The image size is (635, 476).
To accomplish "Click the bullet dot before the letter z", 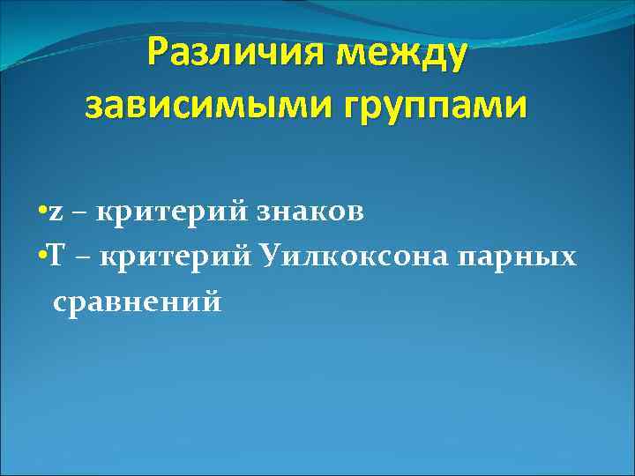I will click(x=43, y=213).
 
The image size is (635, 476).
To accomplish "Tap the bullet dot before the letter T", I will click(x=43, y=257).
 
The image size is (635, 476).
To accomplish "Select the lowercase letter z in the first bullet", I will click(x=56, y=214).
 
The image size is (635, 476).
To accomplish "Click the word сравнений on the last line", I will click(x=137, y=301).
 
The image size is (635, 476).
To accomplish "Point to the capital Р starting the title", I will click(x=160, y=54).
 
